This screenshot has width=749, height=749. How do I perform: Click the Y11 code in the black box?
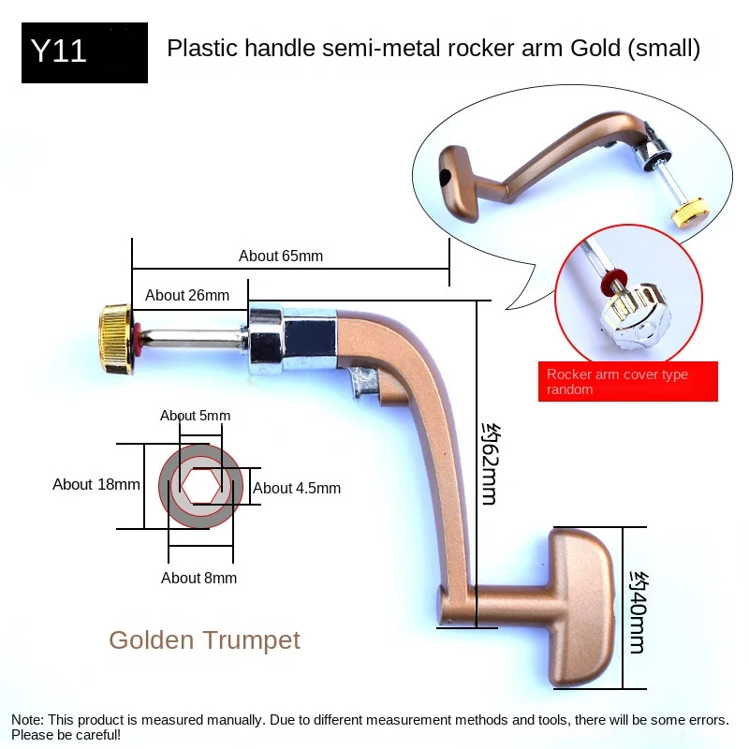(x=58, y=51)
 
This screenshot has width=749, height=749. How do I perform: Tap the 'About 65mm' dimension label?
(x=281, y=256)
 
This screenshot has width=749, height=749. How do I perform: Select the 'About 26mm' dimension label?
(x=187, y=295)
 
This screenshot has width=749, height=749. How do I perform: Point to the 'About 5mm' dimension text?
(x=195, y=416)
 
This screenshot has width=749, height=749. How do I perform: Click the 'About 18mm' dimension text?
(x=96, y=484)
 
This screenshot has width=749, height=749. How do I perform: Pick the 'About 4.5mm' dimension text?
(x=297, y=488)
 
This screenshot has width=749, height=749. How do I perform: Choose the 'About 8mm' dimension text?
(x=198, y=578)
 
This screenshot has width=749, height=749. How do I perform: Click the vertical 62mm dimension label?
(x=490, y=463)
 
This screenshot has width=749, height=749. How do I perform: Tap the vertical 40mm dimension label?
(x=639, y=612)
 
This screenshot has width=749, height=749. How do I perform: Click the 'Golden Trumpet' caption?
(x=204, y=640)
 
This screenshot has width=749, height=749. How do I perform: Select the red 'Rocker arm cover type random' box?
(x=627, y=381)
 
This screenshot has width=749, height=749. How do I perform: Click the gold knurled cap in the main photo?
(x=115, y=339)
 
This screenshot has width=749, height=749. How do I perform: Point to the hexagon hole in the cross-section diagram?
(x=201, y=486)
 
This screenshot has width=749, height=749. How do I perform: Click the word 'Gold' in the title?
(x=595, y=49)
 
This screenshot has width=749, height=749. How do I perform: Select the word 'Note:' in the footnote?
(x=28, y=720)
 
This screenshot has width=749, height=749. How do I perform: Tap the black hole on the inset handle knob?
(x=444, y=178)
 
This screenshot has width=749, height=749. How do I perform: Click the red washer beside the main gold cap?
(x=137, y=339)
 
